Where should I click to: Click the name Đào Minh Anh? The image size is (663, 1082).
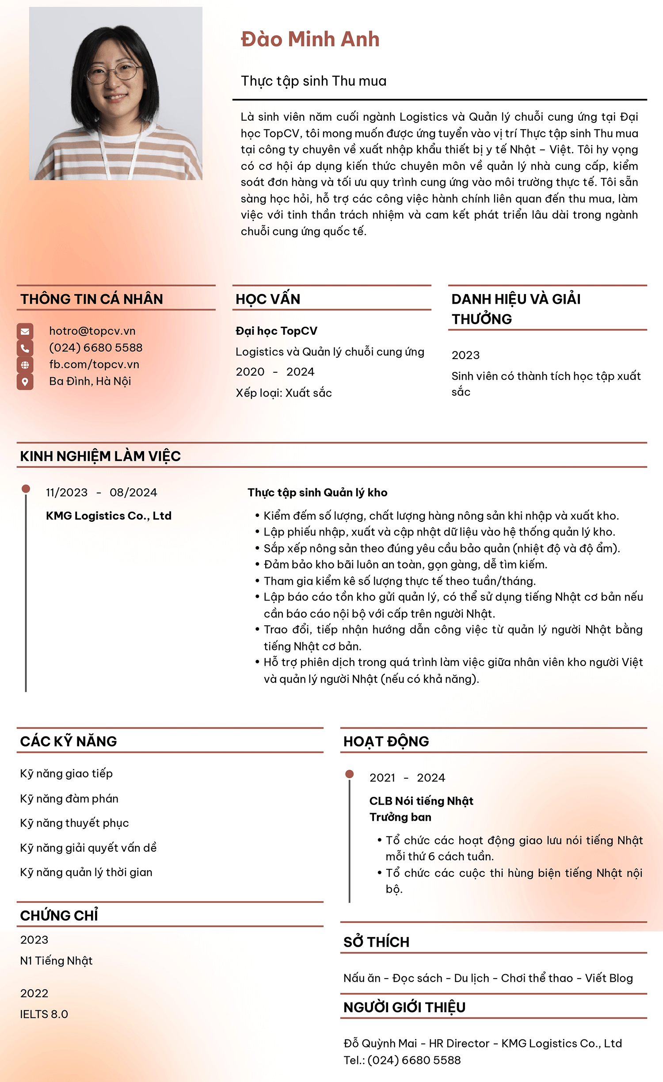click(x=310, y=39)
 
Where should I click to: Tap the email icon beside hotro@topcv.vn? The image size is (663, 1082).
click(x=25, y=331)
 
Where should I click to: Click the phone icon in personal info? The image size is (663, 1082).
click(x=25, y=348)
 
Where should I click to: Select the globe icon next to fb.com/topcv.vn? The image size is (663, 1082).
click(x=25, y=365)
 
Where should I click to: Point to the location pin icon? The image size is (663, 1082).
click(x=25, y=382)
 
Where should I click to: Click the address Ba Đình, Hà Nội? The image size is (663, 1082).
click(x=90, y=381)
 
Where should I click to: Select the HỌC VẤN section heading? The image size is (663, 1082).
click(x=268, y=299)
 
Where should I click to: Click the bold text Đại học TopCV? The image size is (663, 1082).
click(x=276, y=331)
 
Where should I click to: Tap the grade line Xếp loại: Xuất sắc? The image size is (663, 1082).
click(x=283, y=393)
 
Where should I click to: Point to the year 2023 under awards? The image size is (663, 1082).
click(x=465, y=355)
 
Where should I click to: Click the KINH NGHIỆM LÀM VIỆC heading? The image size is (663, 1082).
click(x=100, y=456)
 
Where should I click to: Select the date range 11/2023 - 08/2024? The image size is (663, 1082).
click(x=101, y=492)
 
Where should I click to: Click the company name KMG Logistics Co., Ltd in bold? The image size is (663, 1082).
click(x=108, y=516)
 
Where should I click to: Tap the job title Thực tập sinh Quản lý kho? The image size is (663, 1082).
click(x=317, y=492)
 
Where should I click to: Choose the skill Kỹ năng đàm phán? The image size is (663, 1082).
click(x=69, y=799)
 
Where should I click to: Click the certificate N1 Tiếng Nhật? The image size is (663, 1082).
click(x=56, y=960)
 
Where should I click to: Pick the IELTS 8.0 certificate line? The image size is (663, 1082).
click(x=44, y=1014)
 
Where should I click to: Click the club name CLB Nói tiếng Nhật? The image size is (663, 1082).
click(x=421, y=801)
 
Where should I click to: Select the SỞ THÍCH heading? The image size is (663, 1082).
click(x=376, y=942)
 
